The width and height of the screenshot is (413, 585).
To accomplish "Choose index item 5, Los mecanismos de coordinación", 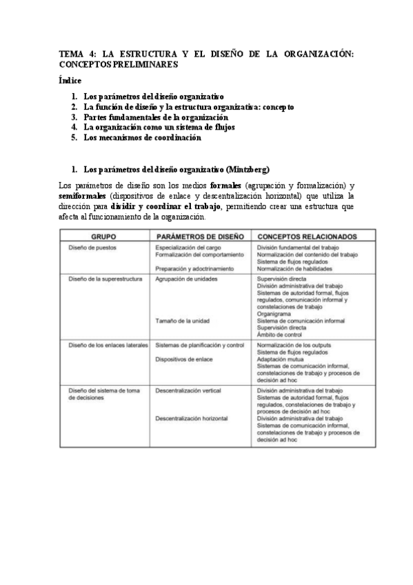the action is [141, 137].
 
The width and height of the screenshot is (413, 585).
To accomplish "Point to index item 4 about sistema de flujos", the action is [149, 128].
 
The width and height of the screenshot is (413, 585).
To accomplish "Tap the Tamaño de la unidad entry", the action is [182, 320].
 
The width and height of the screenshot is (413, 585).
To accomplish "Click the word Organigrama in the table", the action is [275, 313].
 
